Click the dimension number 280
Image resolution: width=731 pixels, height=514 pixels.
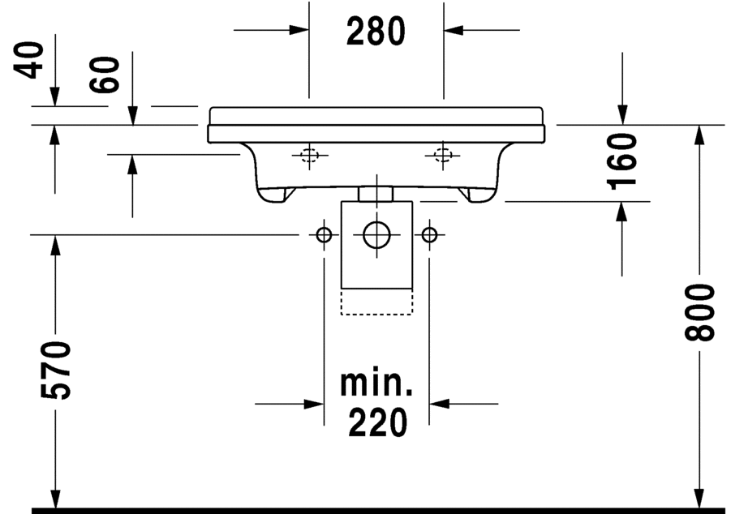(376, 31)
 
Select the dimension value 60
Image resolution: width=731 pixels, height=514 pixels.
(105, 75)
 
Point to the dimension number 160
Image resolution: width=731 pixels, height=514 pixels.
(622, 161)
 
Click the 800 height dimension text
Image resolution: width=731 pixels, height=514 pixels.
(699, 312)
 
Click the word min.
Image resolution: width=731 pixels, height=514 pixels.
(376, 383)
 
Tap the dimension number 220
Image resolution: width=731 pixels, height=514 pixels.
(377, 422)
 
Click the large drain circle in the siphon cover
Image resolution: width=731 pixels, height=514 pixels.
(376, 234)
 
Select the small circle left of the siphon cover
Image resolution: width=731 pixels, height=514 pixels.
(324, 235)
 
